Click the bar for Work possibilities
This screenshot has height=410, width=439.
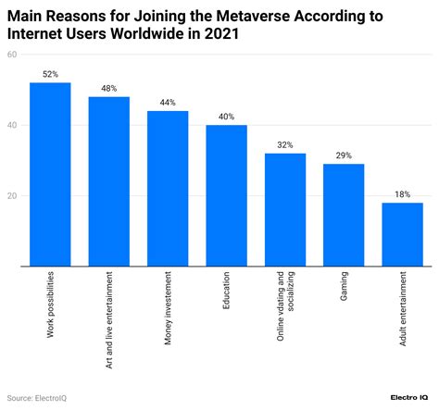click(x=50, y=174)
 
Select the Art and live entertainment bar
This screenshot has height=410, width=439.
click(x=108, y=181)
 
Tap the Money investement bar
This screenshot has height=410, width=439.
click(x=168, y=189)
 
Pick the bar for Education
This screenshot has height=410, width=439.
click(x=226, y=195)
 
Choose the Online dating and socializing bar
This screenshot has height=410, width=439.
click(x=284, y=210)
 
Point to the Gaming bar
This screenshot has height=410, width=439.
click(x=343, y=215)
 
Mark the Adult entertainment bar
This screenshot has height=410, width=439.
click(x=402, y=234)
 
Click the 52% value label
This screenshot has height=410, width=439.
click(x=50, y=74)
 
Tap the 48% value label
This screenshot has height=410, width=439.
click(x=108, y=88)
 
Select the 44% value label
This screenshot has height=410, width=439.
click(x=168, y=103)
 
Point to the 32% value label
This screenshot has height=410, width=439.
click(x=284, y=145)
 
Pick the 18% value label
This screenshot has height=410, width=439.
click(x=402, y=194)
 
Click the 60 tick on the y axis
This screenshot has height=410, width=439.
click(x=12, y=55)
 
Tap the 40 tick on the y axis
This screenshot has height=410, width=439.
click(x=12, y=126)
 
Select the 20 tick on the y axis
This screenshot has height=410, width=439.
click(x=12, y=196)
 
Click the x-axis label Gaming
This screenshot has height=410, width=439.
click(x=344, y=288)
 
